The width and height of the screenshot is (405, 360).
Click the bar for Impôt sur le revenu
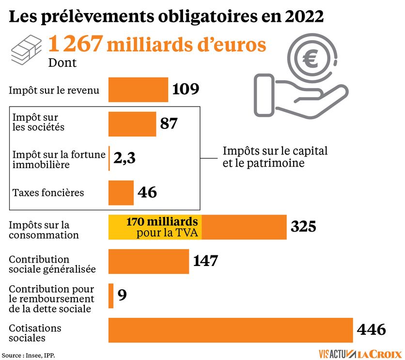pos(138,90)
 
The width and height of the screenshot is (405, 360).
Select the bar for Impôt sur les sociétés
pos(132,124)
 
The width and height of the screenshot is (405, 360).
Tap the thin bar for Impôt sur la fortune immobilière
pos(109,158)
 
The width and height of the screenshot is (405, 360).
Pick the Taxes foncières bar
pos(121,193)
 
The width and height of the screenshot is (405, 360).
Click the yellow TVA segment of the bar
pos(155,227)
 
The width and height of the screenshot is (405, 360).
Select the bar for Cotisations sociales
pos(231,330)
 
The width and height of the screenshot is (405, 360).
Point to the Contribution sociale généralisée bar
pos(148,262)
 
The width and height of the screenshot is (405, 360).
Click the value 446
pos(371,330)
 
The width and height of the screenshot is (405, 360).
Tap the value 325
pos(303,227)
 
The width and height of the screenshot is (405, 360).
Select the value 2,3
pos(125,158)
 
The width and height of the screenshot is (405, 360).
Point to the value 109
pos(186,90)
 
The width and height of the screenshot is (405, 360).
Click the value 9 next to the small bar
pos(122,295)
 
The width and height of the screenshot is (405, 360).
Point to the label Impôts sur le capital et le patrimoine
pos(275,157)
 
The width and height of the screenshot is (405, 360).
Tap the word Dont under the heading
pos(62,63)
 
